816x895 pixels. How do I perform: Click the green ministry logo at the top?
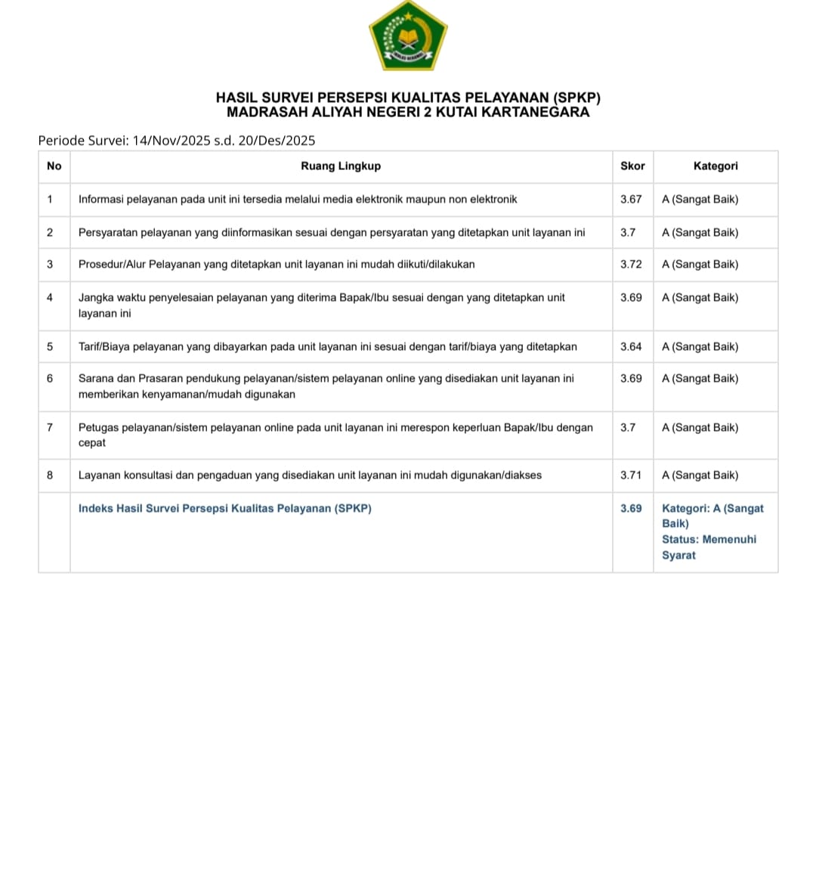click(x=408, y=37)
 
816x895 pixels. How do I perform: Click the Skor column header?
click(x=632, y=166)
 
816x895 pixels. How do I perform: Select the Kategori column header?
click(x=716, y=166)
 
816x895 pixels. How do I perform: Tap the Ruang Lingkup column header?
click(x=341, y=166)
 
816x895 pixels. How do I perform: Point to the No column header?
click(x=54, y=166)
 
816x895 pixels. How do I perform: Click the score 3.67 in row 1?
click(x=631, y=200)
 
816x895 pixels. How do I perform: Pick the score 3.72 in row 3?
click(x=631, y=265)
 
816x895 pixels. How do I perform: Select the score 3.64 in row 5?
click(x=631, y=347)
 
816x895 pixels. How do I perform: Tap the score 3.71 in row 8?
click(x=631, y=475)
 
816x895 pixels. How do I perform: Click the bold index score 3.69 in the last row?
click(x=631, y=509)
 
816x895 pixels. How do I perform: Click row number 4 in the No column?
click(x=50, y=298)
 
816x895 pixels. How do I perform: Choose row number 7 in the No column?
click(x=50, y=428)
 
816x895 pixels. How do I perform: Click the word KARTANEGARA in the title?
click(x=536, y=113)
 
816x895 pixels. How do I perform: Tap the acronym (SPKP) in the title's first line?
click(x=576, y=98)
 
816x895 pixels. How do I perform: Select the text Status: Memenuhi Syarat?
click(x=709, y=547)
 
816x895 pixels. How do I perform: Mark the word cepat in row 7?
click(x=92, y=443)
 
